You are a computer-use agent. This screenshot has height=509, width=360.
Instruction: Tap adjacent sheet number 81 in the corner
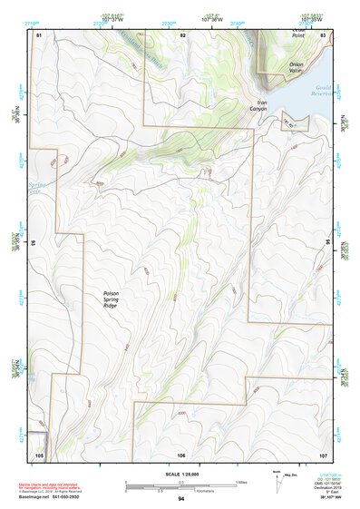coord(38,34)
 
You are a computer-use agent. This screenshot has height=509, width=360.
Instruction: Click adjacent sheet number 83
coord(323,34)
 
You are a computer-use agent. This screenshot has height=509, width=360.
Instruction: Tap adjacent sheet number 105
coord(39,454)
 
